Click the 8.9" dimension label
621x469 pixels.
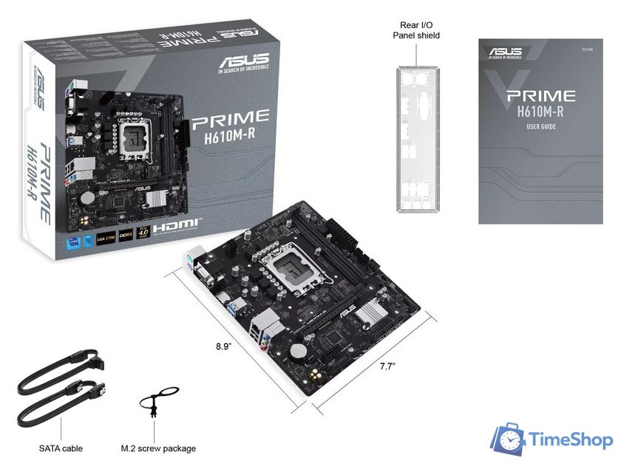pyautogui.click(x=223, y=345)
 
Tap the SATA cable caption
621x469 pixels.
pyautogui.click(x=61, y=448)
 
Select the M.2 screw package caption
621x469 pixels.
pyautogui.click(x=158, y=448)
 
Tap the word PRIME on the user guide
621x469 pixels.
pyautogui.click(x=540, y=95)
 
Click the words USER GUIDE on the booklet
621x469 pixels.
pyautogui.click(x=541, y=126)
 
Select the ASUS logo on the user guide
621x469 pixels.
pyautogui.click(x=504, y=52)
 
